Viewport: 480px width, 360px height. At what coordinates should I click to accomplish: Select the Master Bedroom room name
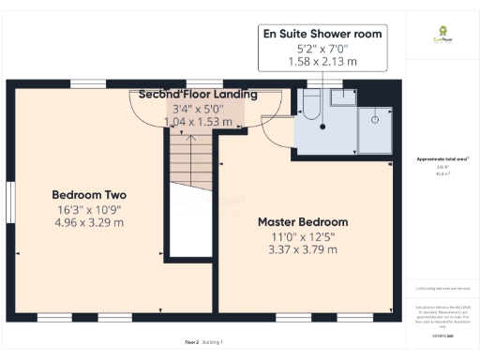coord(303,222)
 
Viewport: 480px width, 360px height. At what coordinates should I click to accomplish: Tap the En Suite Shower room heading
coord(323,33)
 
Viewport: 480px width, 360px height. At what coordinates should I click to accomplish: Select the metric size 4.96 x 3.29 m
coord(87,223)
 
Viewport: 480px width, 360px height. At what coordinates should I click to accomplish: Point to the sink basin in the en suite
coord(345,95)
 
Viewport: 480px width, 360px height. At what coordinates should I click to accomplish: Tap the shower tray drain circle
coord(375,119)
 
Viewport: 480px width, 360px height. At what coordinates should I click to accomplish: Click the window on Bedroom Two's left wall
coord(10,204)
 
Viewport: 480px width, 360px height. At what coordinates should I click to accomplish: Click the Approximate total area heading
coord(442,158)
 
